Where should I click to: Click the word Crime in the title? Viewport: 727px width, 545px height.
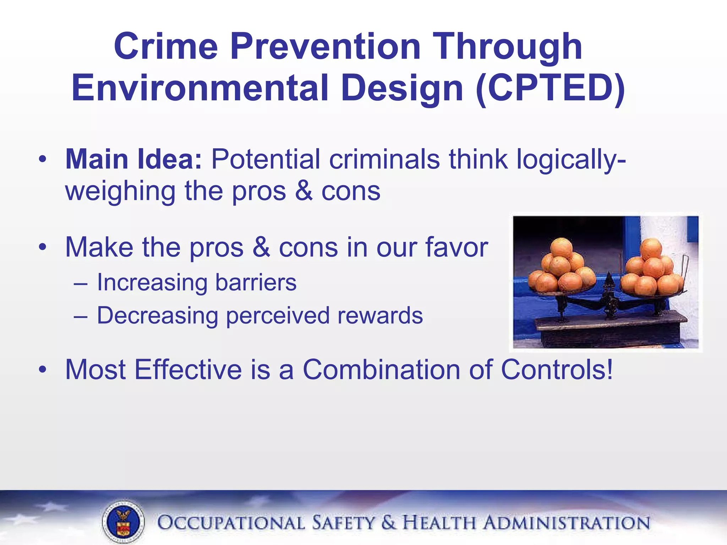[x=165, y=46]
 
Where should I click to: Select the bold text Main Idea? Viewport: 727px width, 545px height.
[x=133, y=159]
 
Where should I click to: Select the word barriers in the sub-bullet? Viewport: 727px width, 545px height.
[x=256, y=283]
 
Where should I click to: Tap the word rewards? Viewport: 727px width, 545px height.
[x=380, y=315]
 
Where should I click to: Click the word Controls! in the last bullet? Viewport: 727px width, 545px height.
[x=557, y=370]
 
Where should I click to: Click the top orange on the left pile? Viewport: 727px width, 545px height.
[x=561, y=247]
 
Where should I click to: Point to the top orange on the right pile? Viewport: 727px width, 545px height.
[x=651, y=248]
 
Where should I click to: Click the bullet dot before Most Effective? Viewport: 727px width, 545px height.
[x=43, y=370]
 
